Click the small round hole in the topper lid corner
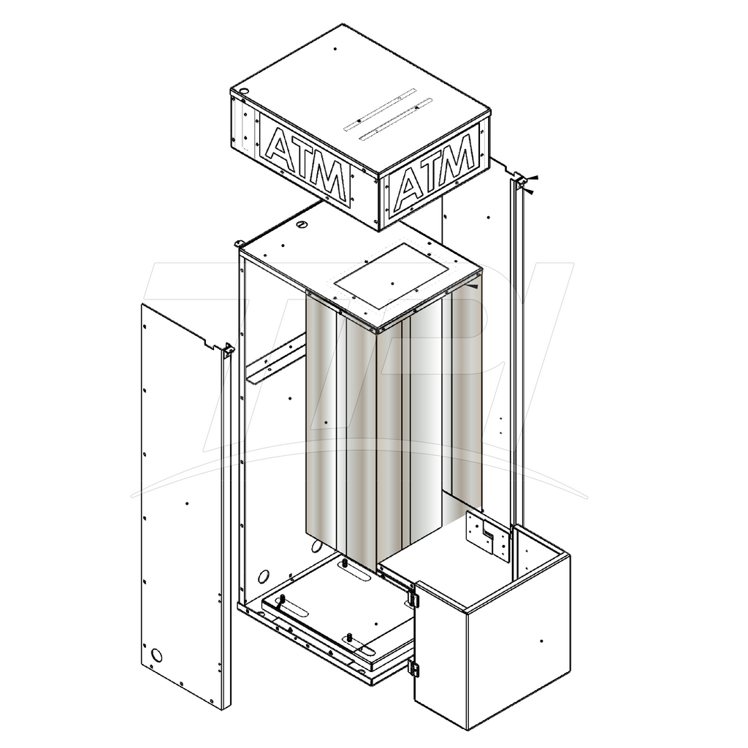[243, 90]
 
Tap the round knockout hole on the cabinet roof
[302, 224]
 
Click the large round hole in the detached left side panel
[156, 655]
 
